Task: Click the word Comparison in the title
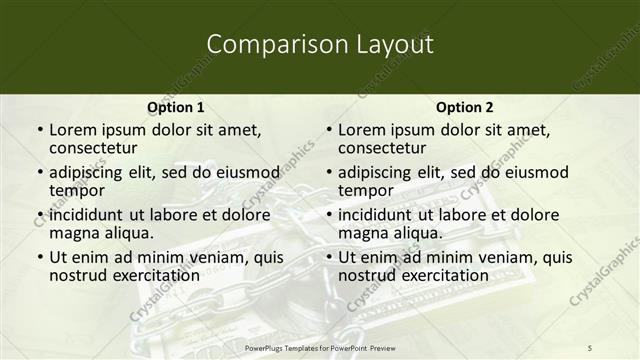(x=266, y=45)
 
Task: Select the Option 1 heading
(x=175, y=107)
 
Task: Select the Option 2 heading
(x=464, y=107)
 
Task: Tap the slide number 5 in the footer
(x=589, y=346)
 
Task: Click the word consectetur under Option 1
(x=98, y=149)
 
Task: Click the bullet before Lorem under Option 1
(x=39, y=131)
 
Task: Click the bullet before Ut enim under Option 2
(x=329, y=257)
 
